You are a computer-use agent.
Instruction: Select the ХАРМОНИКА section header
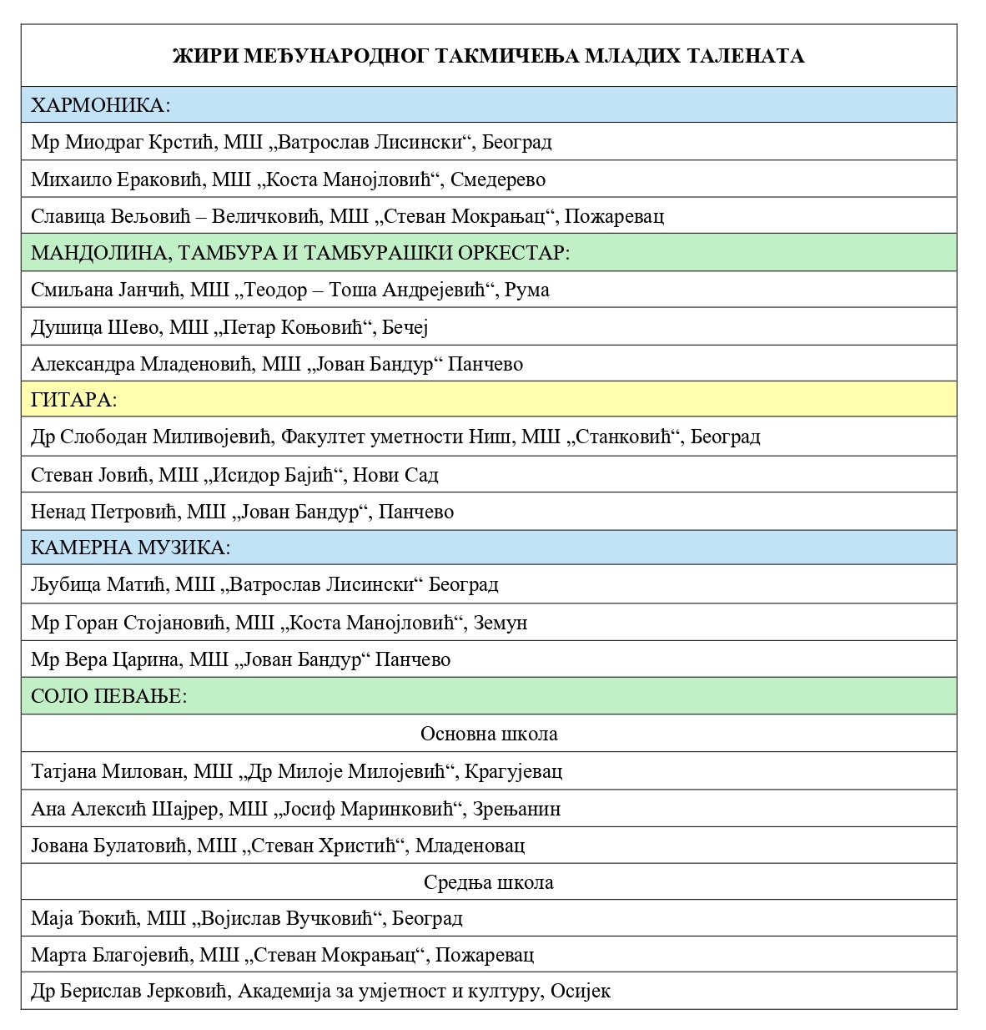(x=100, y=105)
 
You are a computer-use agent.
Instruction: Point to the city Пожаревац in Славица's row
(x=614, y=216)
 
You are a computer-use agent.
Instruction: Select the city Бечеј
(x=405, y=327)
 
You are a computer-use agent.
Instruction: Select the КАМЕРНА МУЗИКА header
(x=130, y=548)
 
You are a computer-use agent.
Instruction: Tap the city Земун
(x=501, y=623)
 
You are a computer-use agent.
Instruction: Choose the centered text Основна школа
(x=489, y=734)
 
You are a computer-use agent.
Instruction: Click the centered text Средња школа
(x=489, y=882)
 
